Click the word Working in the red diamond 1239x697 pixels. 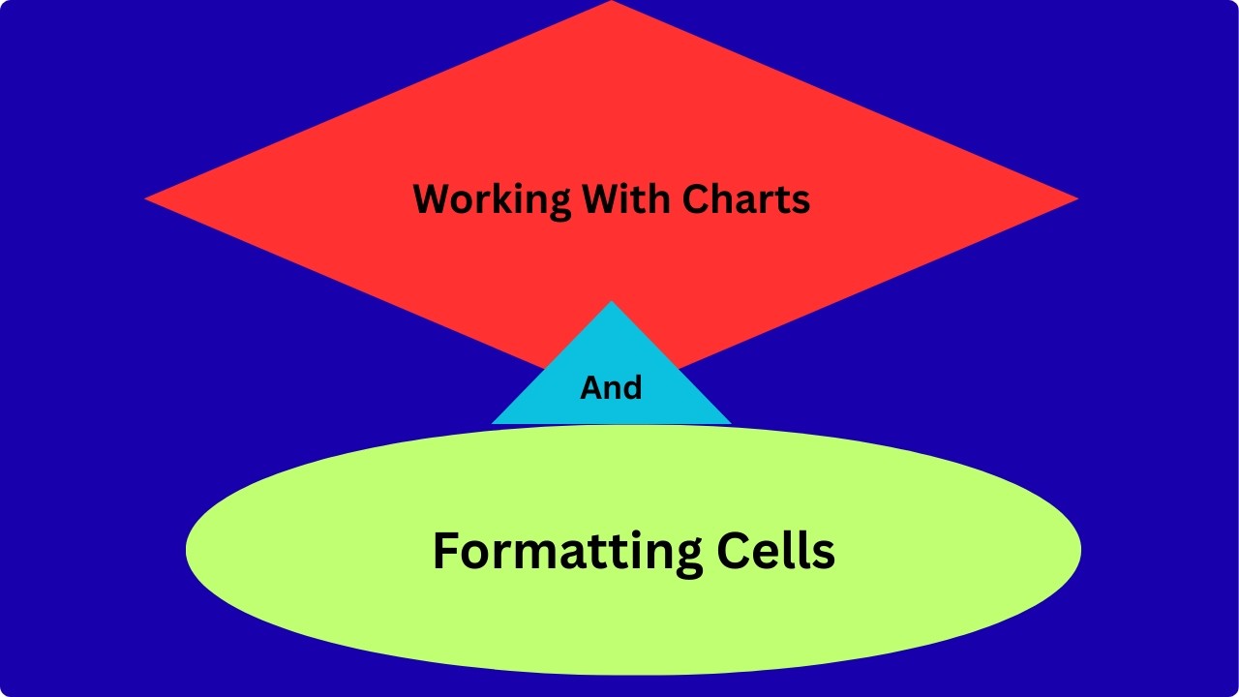click(492, 200)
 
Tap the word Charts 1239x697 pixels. click(746, 198)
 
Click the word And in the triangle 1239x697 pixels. click(611, 388)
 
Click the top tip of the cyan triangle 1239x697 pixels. click(611, 301)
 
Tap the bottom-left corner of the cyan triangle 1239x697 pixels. click(492, 424)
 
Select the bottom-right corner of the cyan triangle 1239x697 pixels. click(731, 424)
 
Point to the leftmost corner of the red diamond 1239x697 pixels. click(145, 198)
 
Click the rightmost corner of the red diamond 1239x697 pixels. click(1078, 198)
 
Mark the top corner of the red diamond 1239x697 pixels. click(611, 1)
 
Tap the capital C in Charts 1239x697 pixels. click(696, 198)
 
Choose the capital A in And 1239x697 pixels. click(591, 388)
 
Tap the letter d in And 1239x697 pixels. click(633, 388)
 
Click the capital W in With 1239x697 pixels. click(602, 198)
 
